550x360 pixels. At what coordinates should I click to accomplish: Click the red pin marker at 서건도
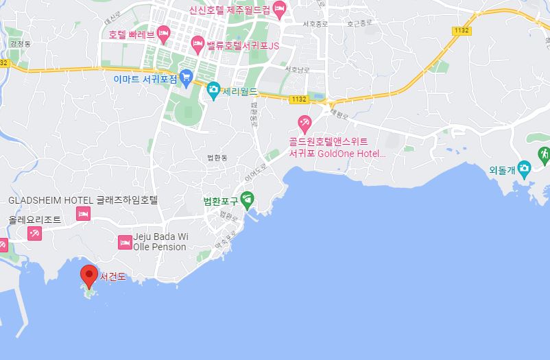point(88,275)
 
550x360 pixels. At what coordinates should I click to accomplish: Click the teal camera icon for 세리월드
point(214,90)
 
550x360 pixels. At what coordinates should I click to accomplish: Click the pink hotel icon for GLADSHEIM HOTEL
point(84,215)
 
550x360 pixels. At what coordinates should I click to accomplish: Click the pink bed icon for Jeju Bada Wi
point(125,241)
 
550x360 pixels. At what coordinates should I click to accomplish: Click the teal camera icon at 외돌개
point(523,168)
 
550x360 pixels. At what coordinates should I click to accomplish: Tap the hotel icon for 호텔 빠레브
point(163,32)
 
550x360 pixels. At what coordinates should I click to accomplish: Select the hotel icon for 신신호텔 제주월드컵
point(278,9)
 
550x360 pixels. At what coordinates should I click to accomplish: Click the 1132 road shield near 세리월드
point(298,99)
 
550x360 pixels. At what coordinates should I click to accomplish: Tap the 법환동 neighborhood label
point(217,158)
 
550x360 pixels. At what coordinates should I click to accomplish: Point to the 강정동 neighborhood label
point(21,44)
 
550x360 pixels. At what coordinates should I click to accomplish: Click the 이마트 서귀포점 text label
point(145,80)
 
